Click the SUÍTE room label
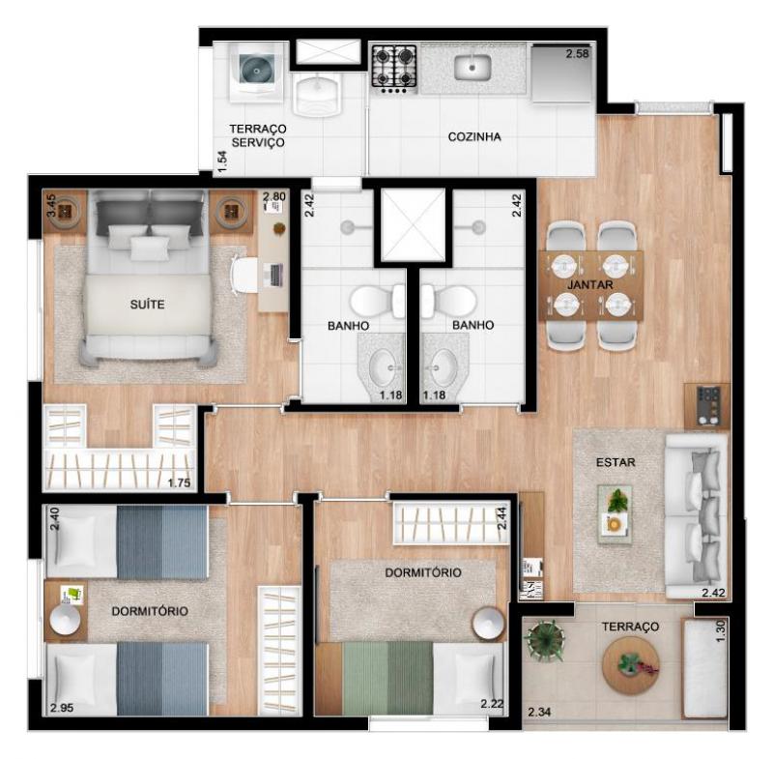tap(147, 305)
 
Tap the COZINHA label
tap(474, 136)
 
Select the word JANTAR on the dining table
tap(590, 284)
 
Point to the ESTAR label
tap(616, 462)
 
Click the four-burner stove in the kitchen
tap(394, 69)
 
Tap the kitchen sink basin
tap(472, 67)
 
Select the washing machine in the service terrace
tap(256, 73)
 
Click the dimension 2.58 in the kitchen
tap(577, 53)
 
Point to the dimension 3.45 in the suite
tap(51, 206)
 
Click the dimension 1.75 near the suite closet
tap(179, 482)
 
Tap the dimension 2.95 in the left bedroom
tap(62, 708)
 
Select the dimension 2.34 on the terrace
tap(539, 713)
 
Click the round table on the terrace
tap(631, 665)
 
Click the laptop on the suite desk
tap(275, 276)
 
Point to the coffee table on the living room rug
tap(615, 514)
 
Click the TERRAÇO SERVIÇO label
tap(258, 135)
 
